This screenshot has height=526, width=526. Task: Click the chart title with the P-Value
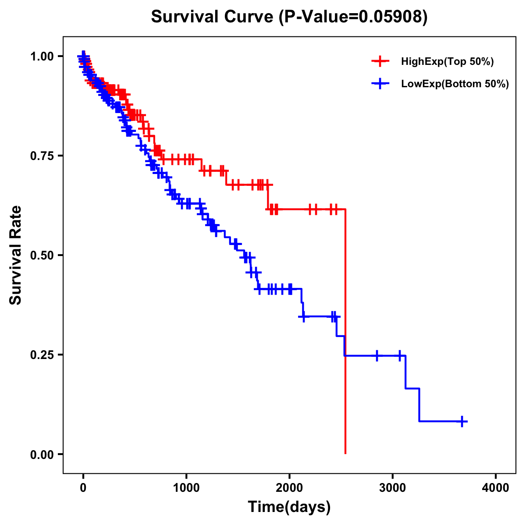click(289, 17)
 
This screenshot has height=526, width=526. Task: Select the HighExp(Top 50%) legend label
click(448, 62)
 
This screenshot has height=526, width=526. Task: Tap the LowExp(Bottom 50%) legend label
click(455, 84)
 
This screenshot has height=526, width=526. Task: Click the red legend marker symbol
click(380, 62)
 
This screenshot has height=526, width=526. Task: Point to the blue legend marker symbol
click(380, 84)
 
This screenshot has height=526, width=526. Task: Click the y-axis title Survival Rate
click(16, 255)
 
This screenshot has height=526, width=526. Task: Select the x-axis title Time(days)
click(289, 507)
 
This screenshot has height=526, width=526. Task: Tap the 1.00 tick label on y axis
click(42, 57)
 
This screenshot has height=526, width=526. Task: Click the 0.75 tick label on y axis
click(42, 156)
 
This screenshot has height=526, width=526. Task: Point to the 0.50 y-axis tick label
click(42, 256)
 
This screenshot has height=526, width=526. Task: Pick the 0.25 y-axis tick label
click(42, 355)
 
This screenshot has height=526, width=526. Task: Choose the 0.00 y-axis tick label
click(42, 455)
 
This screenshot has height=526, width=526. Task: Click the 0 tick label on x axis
click(83, 488)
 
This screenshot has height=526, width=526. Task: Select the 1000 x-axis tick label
click(186, 488)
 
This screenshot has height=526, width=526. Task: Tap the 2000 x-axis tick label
click(289, 488)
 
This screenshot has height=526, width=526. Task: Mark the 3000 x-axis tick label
click(393, 488)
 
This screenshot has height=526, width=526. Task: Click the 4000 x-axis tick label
click(496, 488)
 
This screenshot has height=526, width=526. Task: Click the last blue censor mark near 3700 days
click(462, 421)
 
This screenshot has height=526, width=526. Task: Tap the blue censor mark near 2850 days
click(377, 355)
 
